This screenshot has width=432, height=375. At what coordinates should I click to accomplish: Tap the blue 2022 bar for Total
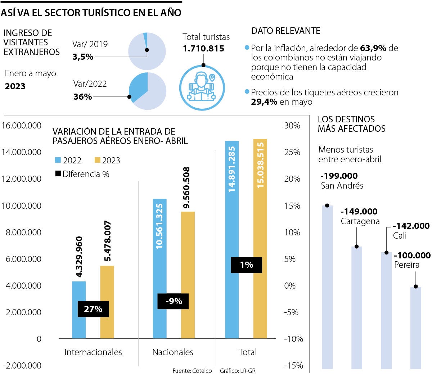click(232, 216)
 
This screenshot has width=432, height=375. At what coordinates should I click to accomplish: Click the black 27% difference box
click(93, 309)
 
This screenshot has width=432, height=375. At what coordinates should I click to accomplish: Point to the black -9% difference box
click(173, 301)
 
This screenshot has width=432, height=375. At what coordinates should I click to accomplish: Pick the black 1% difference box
click(247, 265)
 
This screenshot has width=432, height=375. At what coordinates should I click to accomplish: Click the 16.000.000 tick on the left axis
click(22, 126)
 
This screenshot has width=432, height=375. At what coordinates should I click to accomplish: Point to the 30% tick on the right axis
click(292, 126)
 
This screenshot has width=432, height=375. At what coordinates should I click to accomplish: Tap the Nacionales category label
click(173, 352)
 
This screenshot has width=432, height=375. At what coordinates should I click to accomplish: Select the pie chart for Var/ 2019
click(147, 51)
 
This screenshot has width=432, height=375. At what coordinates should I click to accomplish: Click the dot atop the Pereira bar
click(416, 286)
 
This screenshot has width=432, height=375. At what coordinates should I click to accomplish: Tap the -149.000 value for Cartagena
click(359, 212)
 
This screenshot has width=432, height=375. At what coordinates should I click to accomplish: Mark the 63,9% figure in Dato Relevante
click(373, 48)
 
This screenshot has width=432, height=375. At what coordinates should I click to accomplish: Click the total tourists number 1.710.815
click(203, 49)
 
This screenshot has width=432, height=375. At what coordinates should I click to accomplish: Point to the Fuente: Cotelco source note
click(192, 371)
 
